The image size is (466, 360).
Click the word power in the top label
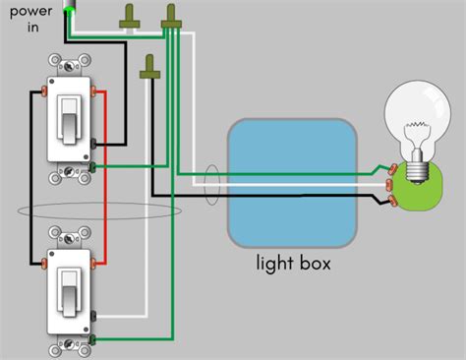coord(29,13)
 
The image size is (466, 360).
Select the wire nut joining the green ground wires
coord(173,15)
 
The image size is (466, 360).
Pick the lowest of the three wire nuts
coord(150,66)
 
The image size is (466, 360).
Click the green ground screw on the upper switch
coord(93,168)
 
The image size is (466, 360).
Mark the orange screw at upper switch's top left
coord(44,91)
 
